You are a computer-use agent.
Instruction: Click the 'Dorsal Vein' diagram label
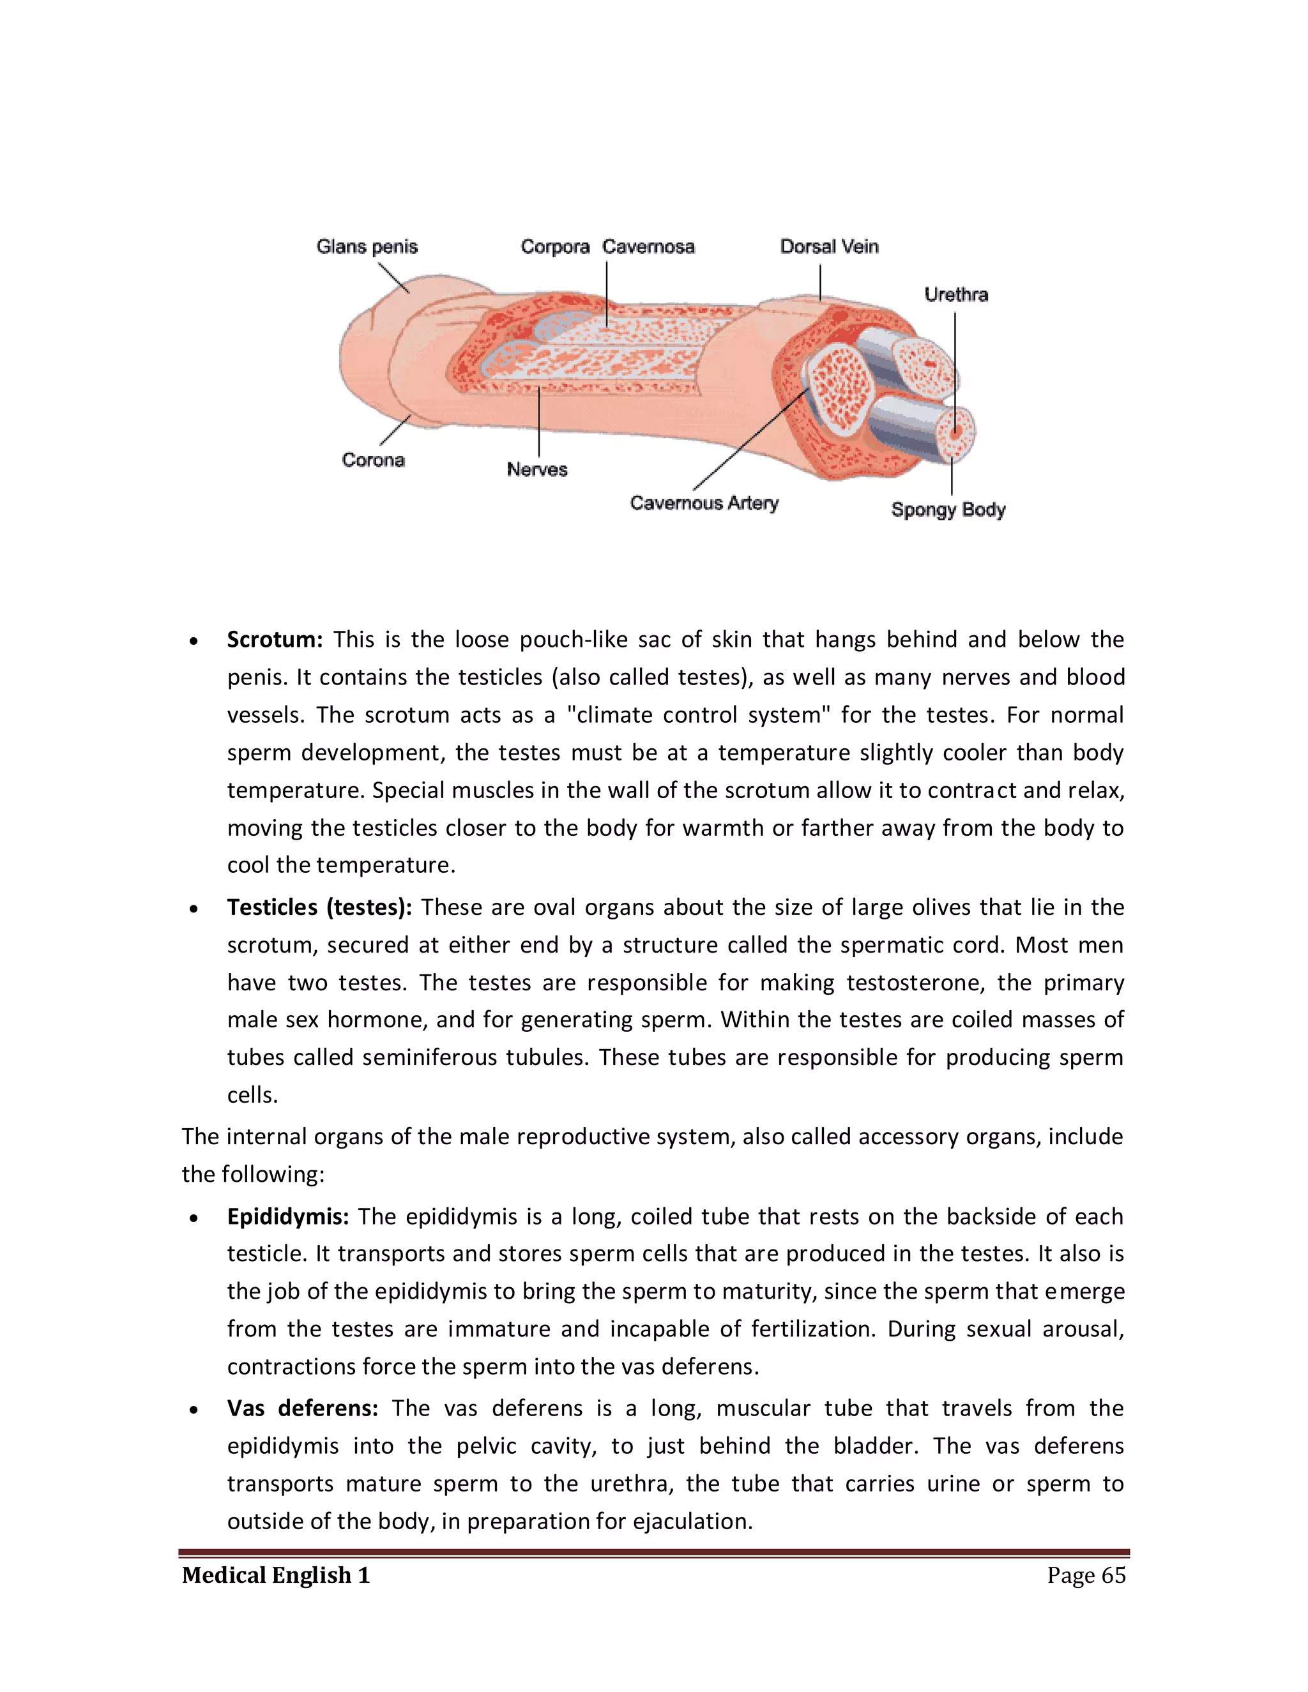(828, 246)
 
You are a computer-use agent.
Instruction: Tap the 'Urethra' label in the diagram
(955, 294)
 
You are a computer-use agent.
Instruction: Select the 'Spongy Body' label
(948, 510)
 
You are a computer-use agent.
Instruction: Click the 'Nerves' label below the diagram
(537, 469)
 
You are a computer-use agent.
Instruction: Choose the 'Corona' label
(373, 460)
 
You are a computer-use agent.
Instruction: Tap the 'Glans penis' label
(367, 246)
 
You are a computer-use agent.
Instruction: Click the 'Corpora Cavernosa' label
(607, 246)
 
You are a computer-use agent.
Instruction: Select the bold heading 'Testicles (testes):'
(319, 907)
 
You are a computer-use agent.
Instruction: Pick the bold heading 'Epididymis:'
(287, 1216)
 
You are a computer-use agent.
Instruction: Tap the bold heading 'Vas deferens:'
(302, 1409)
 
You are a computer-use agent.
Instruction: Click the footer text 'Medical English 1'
(276, 1575)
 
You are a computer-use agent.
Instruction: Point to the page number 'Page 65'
(1086, 1575)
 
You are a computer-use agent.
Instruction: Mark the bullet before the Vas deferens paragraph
(194, 1410)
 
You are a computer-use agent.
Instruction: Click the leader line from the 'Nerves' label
(538, 422)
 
